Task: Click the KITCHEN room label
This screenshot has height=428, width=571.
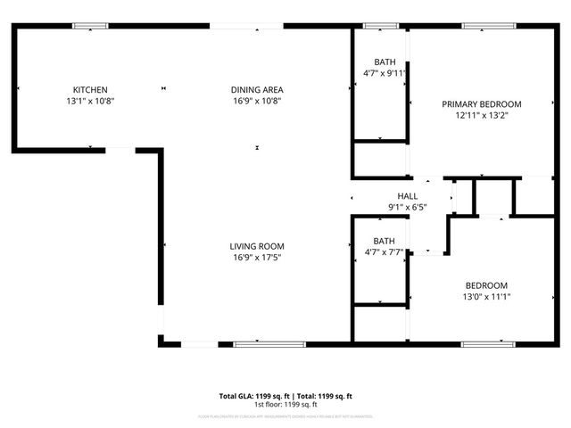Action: (90, 89)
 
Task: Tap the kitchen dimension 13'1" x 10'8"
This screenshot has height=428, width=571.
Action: (90, 101)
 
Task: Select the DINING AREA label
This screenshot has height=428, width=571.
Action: (257, 89)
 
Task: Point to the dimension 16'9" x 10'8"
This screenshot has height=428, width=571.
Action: (257, 101)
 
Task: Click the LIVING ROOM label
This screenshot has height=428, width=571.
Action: (257, 246)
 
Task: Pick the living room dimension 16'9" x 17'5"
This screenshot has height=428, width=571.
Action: (257, 258)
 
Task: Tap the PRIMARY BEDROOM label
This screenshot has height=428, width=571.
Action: (482, 104)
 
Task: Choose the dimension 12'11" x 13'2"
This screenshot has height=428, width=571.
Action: (482, 116)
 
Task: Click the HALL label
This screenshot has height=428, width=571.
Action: (407, 196)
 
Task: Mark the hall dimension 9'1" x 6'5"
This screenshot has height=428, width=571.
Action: (407, 208)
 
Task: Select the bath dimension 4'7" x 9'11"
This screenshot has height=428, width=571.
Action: (385, 73)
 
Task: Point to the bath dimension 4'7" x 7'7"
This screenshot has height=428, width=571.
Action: (385, 252)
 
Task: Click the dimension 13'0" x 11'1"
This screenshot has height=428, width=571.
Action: (486, 297)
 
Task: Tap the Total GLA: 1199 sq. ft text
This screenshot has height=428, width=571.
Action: (252, 395)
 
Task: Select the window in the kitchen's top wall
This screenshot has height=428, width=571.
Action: (90, 26)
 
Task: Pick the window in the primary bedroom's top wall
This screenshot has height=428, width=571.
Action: (489, 26)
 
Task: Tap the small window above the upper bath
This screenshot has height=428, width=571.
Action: (379, 26)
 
